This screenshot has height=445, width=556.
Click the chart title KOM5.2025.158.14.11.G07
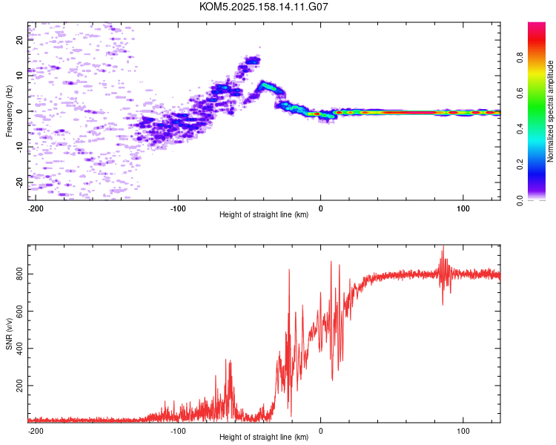click(263, 7)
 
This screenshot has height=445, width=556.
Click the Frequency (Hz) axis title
click(9, 111)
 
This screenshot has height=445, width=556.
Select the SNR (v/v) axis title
click(9, 334)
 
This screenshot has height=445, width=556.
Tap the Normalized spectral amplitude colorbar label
click(550, 111)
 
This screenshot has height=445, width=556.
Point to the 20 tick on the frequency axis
click(19, 40)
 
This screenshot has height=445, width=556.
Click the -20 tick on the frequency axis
click(19, 182)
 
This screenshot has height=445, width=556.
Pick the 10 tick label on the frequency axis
click(19, 75)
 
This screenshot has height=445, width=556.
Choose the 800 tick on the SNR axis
click(19, 274)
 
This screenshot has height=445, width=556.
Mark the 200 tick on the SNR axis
click(19, 386)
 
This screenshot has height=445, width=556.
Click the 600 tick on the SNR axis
click(19, 311)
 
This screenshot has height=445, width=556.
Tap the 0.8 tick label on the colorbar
click(520, 58)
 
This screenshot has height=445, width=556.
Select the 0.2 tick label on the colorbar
click(520, 165)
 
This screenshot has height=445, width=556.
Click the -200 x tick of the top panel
click(36, 208)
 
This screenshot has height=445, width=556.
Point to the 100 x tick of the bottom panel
click(463, 431)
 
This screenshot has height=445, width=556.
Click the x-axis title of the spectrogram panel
click(264, 214)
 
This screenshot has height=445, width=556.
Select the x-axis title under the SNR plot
click(264, 437)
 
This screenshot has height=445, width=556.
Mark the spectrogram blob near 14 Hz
click(253, 61)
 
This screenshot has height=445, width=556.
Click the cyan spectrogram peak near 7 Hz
click(268, 86)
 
